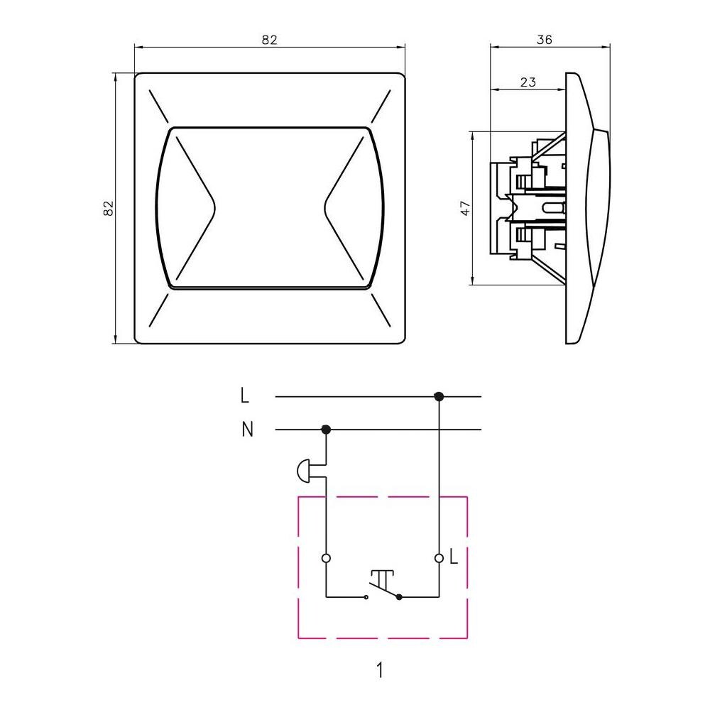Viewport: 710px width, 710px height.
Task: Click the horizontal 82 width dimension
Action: [269, 40]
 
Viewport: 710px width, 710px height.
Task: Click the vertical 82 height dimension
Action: [109, 208]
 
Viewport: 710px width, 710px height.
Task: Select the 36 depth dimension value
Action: [545, 40]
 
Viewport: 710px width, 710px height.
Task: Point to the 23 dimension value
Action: [528, 82]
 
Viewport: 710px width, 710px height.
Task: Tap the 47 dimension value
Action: [466, 208]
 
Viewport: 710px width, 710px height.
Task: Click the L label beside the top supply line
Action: [244, 395]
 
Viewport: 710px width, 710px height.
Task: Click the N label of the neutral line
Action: [247, 430]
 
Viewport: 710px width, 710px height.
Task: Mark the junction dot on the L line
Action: [438, 397]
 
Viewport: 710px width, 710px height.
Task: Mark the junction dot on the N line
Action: [326, 430]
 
